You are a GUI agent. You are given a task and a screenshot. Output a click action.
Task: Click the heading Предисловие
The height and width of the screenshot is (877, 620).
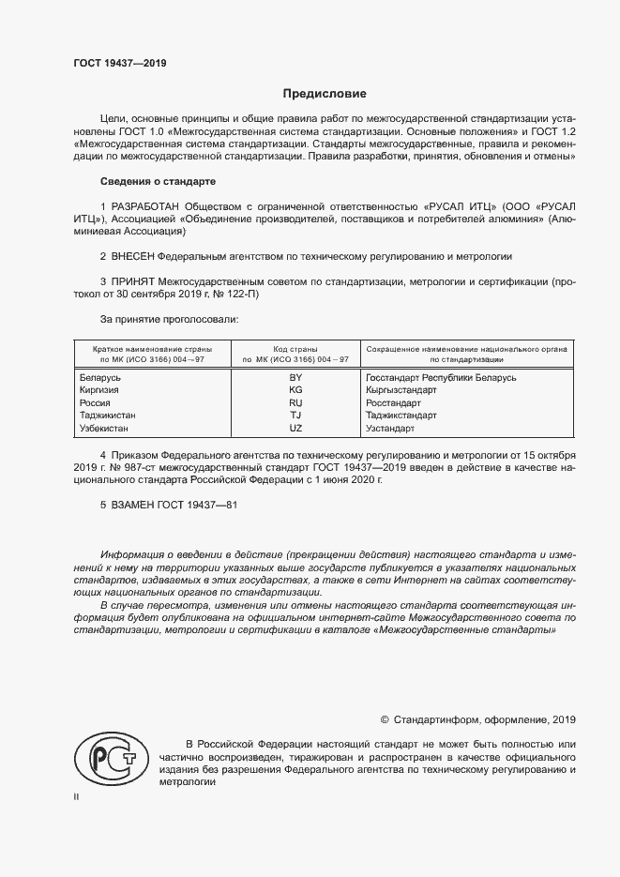(325, 94)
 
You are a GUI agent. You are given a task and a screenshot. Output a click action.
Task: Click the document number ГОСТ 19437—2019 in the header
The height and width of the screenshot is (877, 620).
(120, 64)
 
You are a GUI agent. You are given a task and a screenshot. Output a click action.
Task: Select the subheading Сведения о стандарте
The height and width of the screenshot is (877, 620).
(144, 181)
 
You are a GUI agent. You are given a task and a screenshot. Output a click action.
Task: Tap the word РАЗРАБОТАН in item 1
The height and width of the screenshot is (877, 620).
(149, 206)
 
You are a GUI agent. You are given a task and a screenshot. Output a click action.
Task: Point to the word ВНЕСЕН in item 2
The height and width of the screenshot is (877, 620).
(133, 256)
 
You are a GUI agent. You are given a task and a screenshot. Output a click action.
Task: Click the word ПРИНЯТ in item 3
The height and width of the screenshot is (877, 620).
(134, 280)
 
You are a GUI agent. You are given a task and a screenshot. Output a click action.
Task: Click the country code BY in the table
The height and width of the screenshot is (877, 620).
(295, 378)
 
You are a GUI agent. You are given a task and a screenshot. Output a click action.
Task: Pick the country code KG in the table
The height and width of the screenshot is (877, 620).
(295, 390)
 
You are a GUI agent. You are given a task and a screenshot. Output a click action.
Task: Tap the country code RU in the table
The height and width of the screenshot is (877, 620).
(295, 402)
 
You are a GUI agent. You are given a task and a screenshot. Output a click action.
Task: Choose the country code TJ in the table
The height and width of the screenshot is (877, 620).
(295, 415)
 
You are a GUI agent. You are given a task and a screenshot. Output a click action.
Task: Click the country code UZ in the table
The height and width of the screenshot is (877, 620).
(295, 428)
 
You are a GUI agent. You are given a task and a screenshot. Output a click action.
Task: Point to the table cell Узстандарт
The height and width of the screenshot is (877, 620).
(389, 428)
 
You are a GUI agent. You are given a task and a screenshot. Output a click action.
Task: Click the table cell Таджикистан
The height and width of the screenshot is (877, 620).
(111, 415)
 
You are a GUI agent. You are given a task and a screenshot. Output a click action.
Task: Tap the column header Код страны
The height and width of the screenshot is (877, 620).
(295, 348)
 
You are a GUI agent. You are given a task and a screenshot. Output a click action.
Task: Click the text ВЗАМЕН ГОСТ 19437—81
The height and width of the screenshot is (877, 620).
(169, 505)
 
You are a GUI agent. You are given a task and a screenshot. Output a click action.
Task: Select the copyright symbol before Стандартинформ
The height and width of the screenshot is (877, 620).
(385, 719)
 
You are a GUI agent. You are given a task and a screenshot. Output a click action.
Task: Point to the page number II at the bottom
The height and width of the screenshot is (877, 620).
(76, 796)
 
